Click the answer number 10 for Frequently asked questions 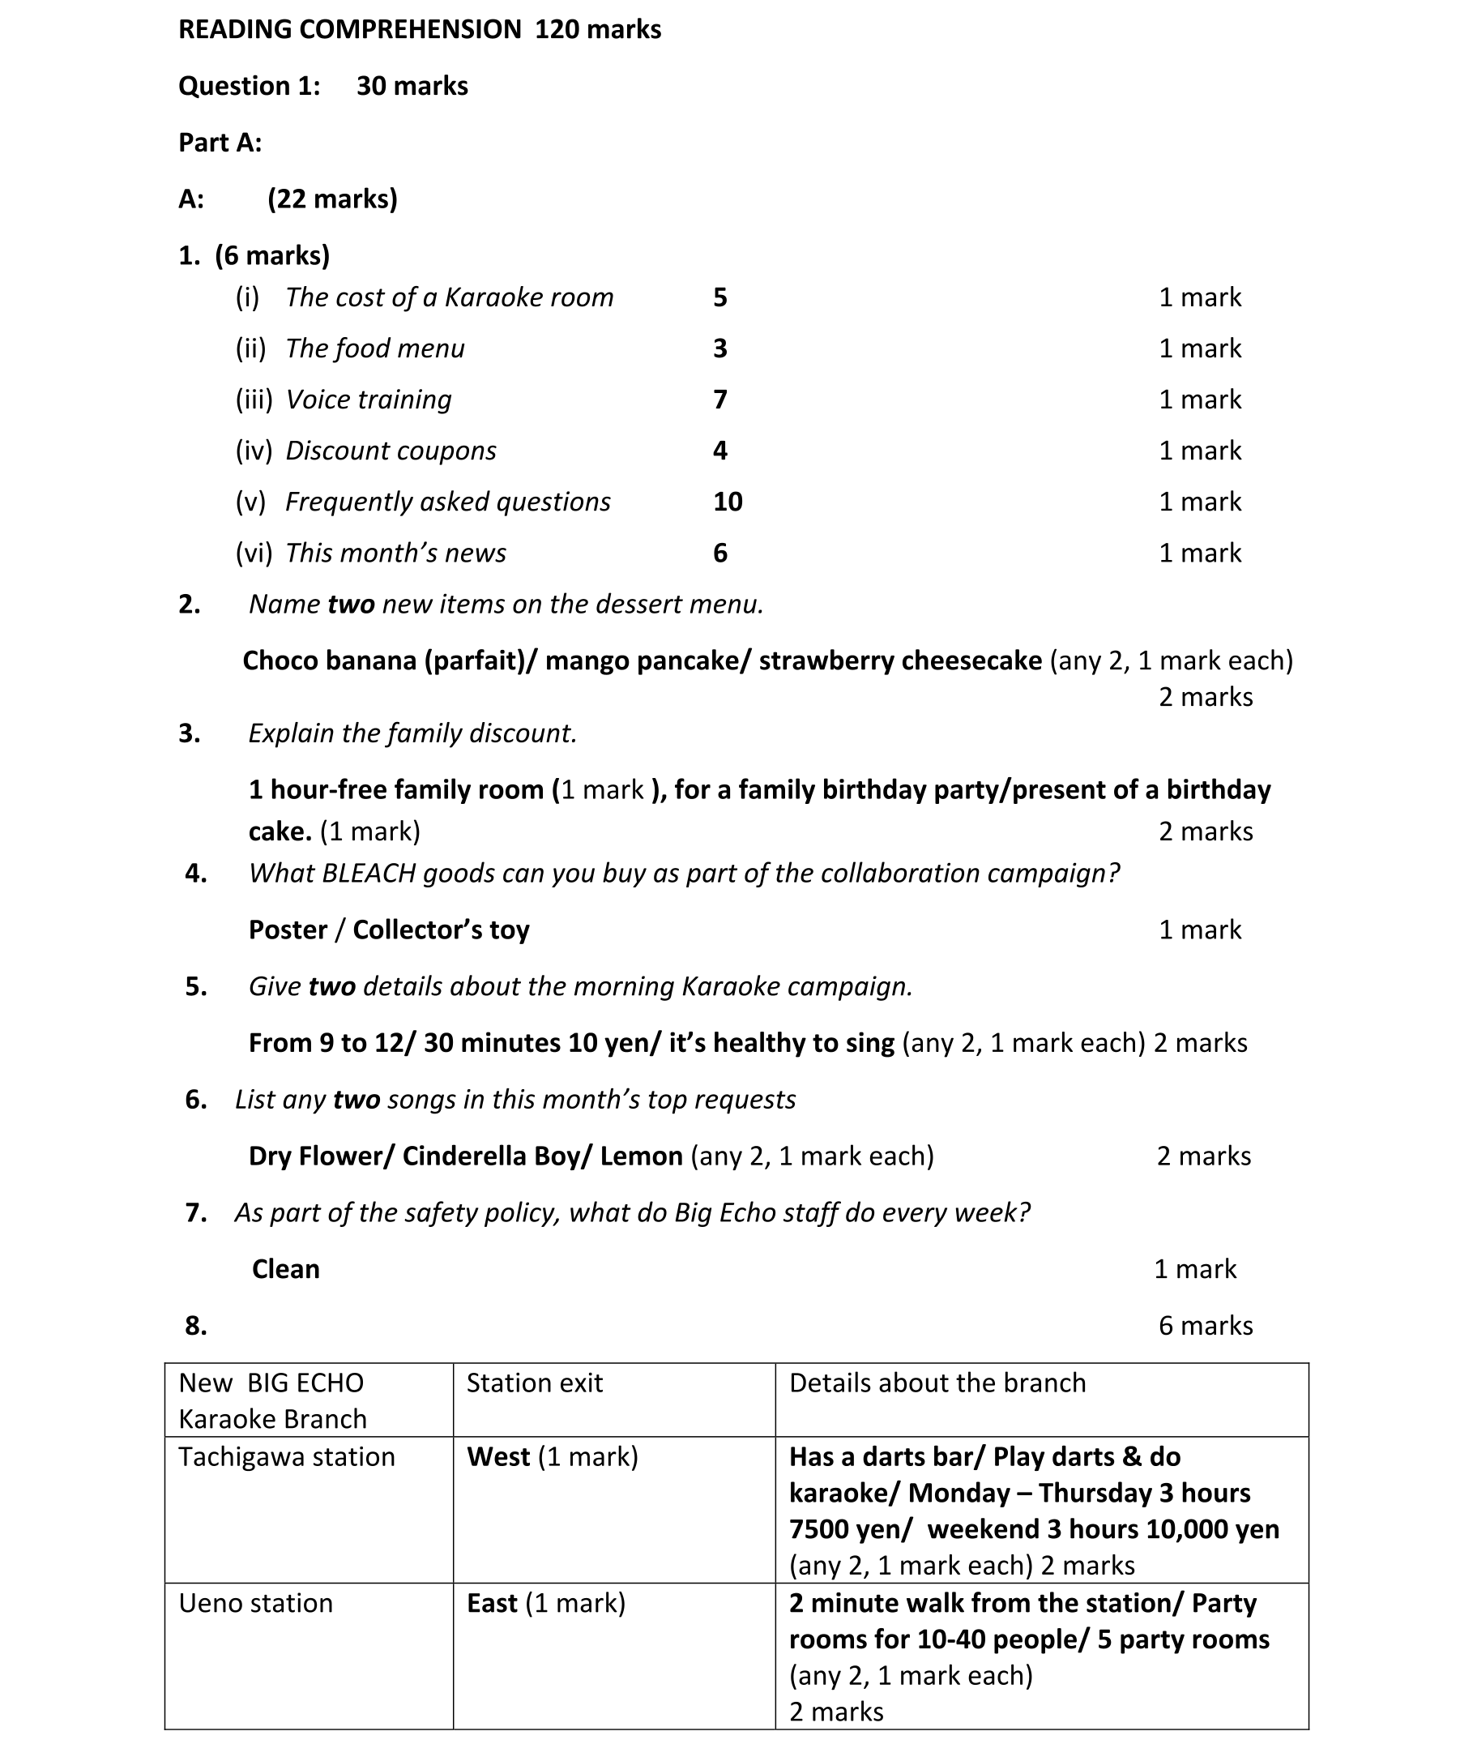coord(728,502)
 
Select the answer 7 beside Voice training coord(719,400)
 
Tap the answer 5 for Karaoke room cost coord(719,298)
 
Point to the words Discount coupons coord(390,451)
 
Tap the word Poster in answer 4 coord(288,930)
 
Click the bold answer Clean coord(285,1270)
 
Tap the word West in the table coord(497,1456)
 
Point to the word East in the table coord(492,1603)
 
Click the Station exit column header coord(535,1383)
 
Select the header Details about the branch coord(937,1383)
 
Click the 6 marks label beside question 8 coord(1205,1327)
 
